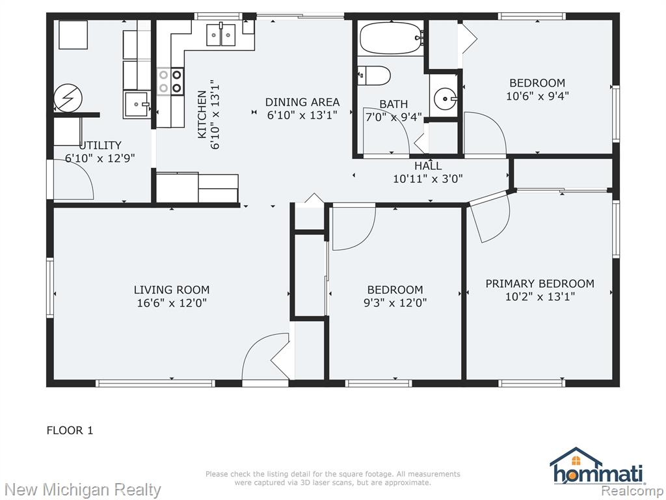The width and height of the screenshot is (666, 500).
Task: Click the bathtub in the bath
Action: point(391,38)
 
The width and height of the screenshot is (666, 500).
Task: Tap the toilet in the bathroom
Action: point(373,76)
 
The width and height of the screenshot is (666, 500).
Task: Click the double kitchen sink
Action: point(221,35)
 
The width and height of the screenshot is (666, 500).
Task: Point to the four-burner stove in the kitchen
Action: point(170,81)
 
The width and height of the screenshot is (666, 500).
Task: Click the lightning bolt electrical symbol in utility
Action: point(68,98)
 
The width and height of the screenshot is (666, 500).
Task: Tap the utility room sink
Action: point(137,105)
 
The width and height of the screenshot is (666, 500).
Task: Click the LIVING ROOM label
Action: point(172,290)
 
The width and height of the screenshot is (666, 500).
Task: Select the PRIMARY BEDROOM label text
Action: point(540,284)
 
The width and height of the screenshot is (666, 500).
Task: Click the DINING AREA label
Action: point(302,102)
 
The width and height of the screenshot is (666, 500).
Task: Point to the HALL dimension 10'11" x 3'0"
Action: point(428,179)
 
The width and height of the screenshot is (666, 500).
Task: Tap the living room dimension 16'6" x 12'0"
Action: point(172,303)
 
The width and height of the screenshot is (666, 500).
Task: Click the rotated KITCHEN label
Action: point(202,115)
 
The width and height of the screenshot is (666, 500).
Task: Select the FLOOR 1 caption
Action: point(70,430)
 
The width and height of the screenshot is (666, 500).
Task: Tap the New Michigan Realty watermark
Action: point(83,490)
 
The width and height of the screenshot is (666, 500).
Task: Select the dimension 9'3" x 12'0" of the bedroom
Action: point(395,303)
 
